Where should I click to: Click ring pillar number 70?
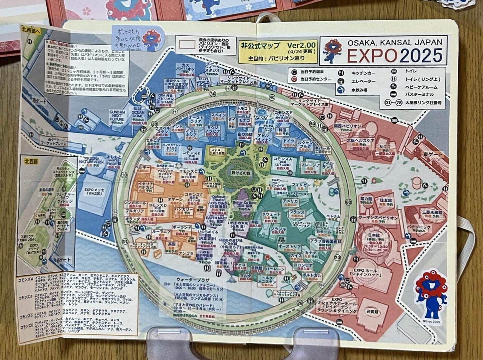point(337,258)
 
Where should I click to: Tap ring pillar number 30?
point(213,93)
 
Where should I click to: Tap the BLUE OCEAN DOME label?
point(138,112)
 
